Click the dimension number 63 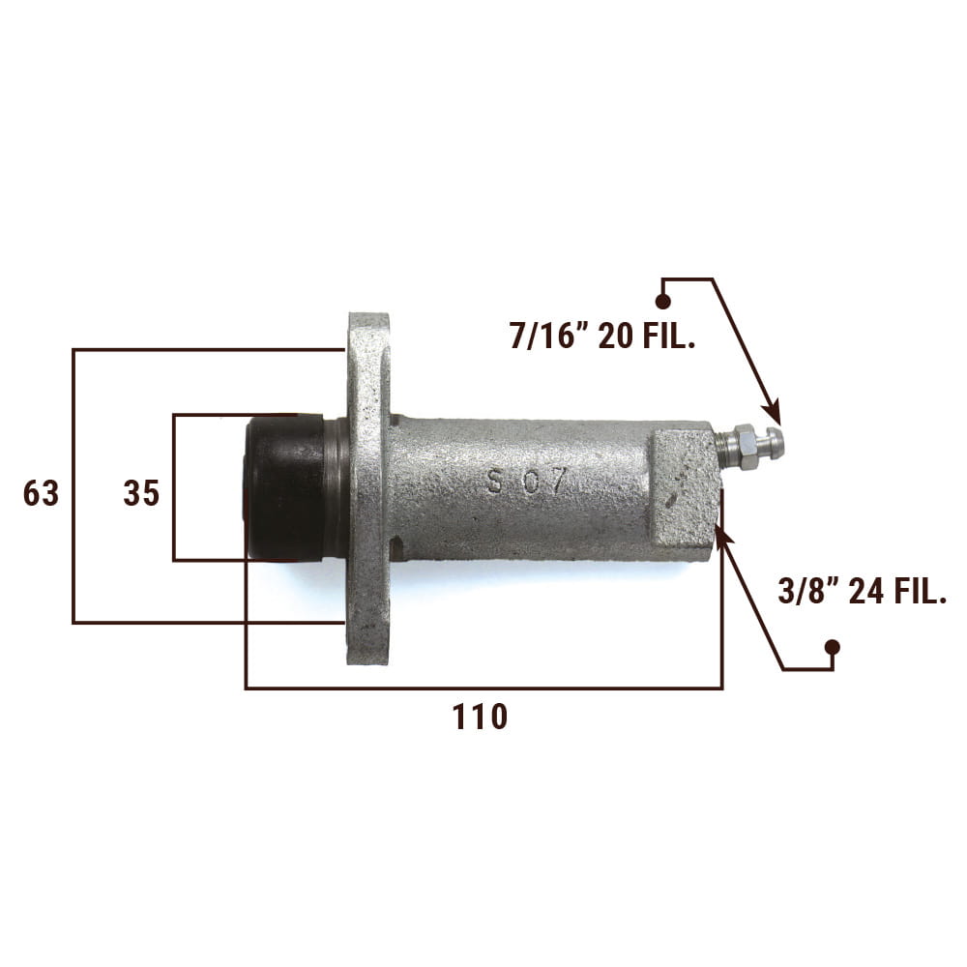click(x=41, y=493)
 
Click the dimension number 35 click(x=141, y=493)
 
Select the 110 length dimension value click(x=480, y=717)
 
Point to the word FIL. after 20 click(x=668, y=337)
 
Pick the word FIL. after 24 click(x=920, y=592)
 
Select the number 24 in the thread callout click(x=866, y=592)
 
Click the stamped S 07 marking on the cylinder click(x=525, y=481)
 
